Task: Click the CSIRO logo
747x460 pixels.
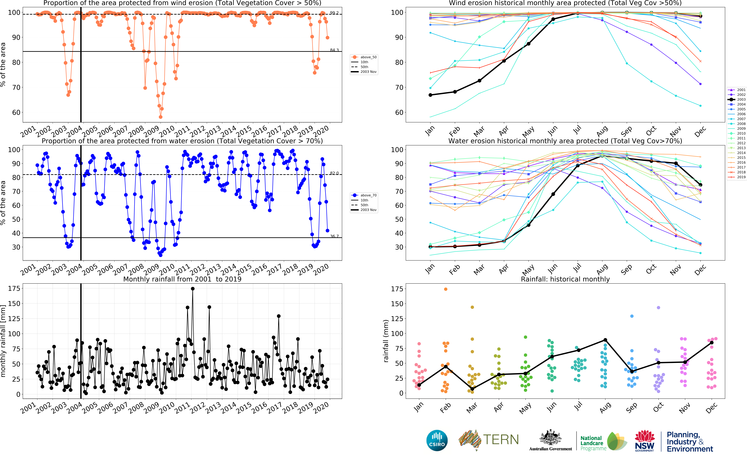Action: pos(437,440)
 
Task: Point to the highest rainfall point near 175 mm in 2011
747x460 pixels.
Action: pos(193,289)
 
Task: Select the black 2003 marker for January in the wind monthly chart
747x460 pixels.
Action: pos(430,95)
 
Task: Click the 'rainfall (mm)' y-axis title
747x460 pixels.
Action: pos(386,341)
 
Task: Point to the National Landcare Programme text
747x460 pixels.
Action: pos(592,443)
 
